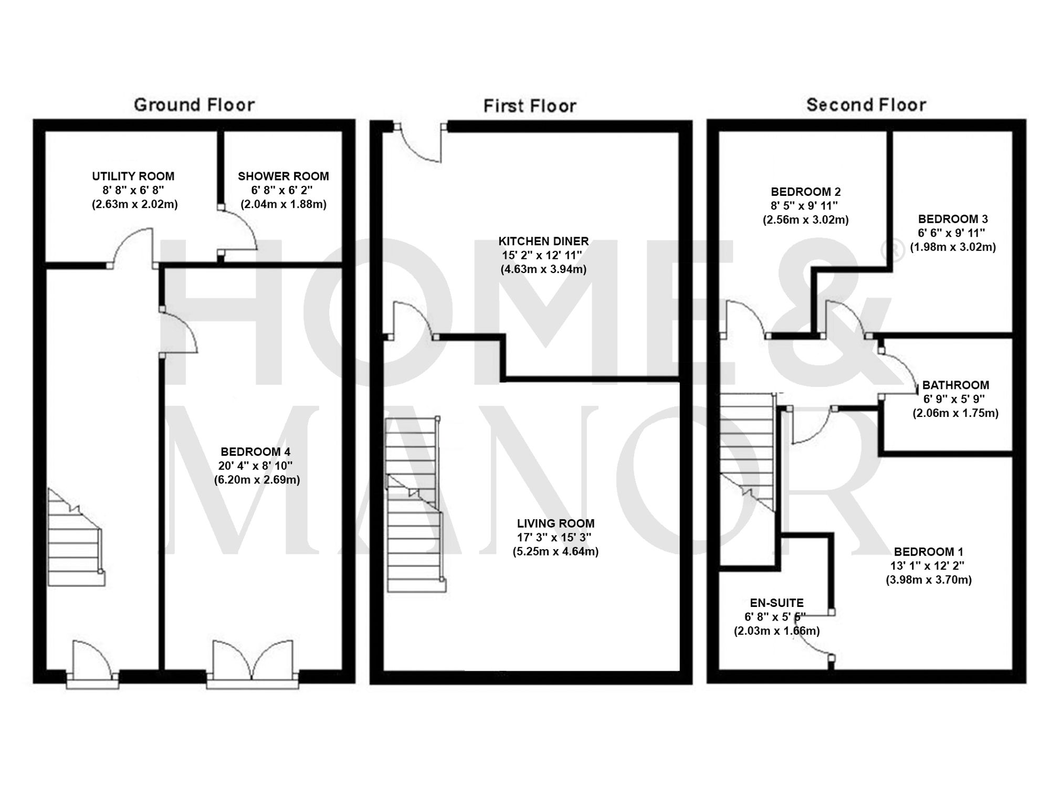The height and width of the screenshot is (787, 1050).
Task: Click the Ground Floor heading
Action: [194, 105]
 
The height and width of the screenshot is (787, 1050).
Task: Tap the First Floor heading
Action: [530, 106]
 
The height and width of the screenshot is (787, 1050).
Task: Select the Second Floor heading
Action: [866, 105]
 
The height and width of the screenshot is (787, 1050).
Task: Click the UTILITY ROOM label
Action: [133, 176]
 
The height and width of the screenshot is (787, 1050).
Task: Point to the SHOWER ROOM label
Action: [283, 176]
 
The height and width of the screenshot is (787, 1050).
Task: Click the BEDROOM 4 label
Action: [256, 452]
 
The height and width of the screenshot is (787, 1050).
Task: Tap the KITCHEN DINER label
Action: [543, 242]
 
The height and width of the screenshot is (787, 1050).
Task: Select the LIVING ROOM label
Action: [555, 523]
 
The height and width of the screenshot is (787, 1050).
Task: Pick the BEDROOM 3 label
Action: [952, 219]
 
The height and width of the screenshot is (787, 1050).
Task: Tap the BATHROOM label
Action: [955, 385]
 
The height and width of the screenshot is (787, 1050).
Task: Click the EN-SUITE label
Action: [776, 603]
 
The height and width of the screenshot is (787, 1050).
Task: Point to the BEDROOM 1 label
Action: [928, 552]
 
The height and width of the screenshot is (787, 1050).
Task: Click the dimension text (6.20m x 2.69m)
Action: [257, 480]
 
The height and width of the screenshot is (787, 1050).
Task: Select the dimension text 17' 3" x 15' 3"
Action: [555, 538]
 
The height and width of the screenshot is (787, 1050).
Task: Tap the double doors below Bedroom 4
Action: [253, 662]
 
